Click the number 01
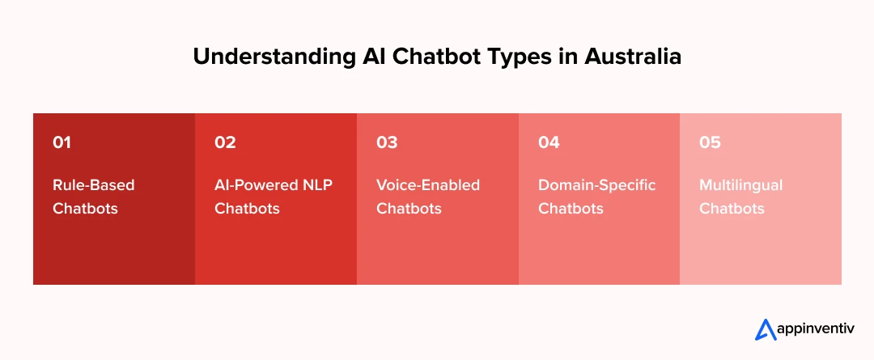62,143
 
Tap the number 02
225,143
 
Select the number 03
387,143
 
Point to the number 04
549,143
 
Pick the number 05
710,143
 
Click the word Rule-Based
94,185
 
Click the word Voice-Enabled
428,185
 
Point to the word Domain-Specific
597,185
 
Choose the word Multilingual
741,185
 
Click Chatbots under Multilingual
732,209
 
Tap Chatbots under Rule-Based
85,209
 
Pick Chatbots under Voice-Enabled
409,209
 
